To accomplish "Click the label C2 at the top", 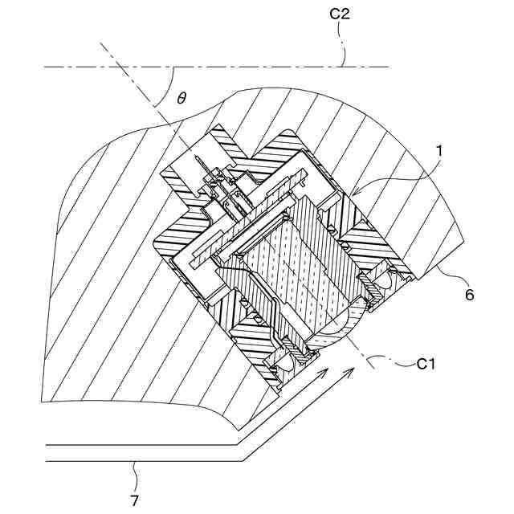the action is pos(339,14).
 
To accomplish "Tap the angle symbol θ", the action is pos(182,97).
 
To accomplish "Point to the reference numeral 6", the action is pos(469,295).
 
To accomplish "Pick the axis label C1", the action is pos(426,365).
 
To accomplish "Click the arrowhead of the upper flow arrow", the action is pos(326,369).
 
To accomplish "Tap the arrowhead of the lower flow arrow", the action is pos(352,366).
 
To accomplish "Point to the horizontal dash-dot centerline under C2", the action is pos(241,67).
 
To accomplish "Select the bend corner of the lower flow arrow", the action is pos(242,461).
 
